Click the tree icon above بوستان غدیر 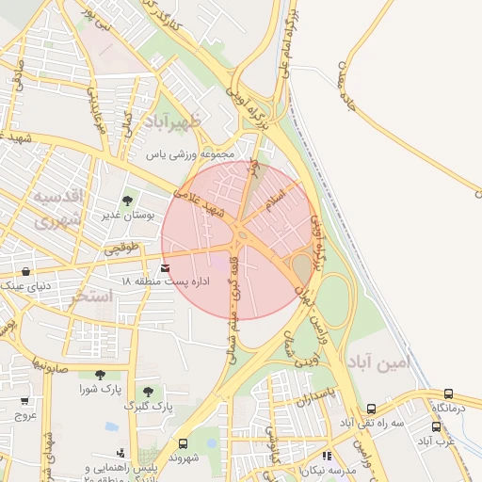[128, 200]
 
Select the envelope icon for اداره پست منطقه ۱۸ [167, 268]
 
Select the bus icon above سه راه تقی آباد [372, 410]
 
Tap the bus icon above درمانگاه [449, 394]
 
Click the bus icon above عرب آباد [437, 426]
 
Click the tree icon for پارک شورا [100, 375]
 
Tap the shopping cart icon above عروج [24, 399]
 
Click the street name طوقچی [120, 249]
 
